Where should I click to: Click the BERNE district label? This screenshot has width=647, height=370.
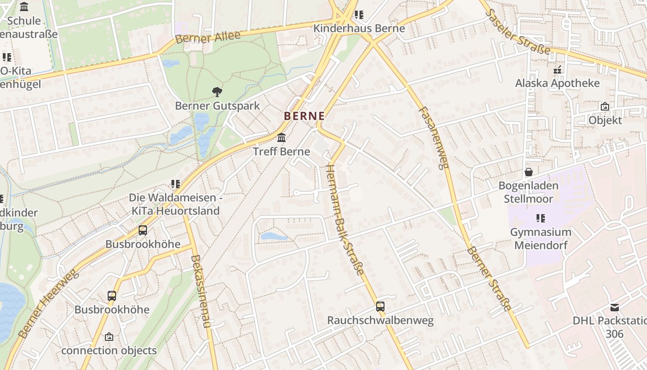click(x=304, y=116)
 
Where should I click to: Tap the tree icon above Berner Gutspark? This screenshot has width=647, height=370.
click(x=217, y=92)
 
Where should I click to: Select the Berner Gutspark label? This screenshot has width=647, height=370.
click(x=217, y=106)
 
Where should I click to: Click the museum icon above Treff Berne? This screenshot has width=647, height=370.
click(x=281, y=138)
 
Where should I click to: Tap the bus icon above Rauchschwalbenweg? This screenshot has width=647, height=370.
click(x=380, y=306)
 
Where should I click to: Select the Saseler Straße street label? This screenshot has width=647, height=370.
click(x=518, y=31)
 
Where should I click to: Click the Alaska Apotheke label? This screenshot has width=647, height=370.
click(x=557, y=83)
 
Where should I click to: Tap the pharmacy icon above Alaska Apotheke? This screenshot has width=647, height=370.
click(x=557, y=70)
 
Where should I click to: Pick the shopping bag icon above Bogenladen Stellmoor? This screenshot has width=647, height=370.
click(x=528, y=172)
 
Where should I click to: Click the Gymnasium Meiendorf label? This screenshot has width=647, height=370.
click(x=541, y=238)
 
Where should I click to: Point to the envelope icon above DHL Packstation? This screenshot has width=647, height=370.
click(x=614, y=307)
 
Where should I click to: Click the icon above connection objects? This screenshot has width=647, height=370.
click(x=109, y=337)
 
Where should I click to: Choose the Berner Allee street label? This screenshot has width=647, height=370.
click(x=208, y=37)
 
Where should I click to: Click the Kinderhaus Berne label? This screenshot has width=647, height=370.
click(x=359, y=28)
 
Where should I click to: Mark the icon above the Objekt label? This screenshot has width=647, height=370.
click(x=604, y=106)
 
